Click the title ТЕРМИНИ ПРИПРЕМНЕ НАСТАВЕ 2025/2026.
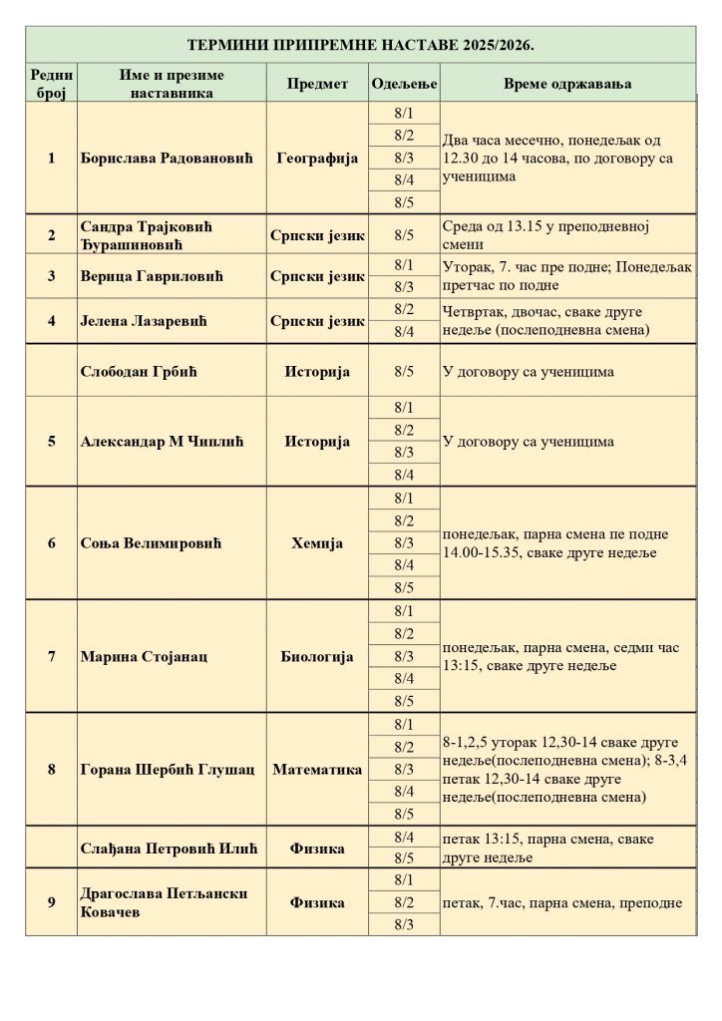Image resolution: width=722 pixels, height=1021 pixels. coord(361,46)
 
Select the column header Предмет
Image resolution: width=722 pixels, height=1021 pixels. coord(317,84)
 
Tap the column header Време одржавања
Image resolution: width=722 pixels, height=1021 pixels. coord(566,84)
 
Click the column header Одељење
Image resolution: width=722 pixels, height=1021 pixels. coord(403,84)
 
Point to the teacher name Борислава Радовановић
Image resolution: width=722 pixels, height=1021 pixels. coord(168,158)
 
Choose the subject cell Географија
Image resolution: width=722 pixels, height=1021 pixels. coord(317,158)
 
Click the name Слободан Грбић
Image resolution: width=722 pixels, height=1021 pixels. coord(140,372)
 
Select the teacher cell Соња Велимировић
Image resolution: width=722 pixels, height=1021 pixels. coord(151,543)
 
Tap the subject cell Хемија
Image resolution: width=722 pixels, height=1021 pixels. coord(317,543)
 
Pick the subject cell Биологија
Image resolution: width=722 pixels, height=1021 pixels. coord(317,657)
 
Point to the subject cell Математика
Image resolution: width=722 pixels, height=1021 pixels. coord(317,770)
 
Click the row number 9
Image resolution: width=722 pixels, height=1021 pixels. coord(52,902)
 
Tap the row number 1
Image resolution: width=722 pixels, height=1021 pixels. coord(52,158)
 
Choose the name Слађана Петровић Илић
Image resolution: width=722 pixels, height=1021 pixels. coord(169,849)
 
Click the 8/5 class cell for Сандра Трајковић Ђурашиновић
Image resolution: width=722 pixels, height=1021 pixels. coord(404,235)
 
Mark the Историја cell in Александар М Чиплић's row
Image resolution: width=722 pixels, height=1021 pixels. coord(317,441)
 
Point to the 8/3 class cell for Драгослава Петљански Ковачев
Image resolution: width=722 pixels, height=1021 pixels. coord(404,924)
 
